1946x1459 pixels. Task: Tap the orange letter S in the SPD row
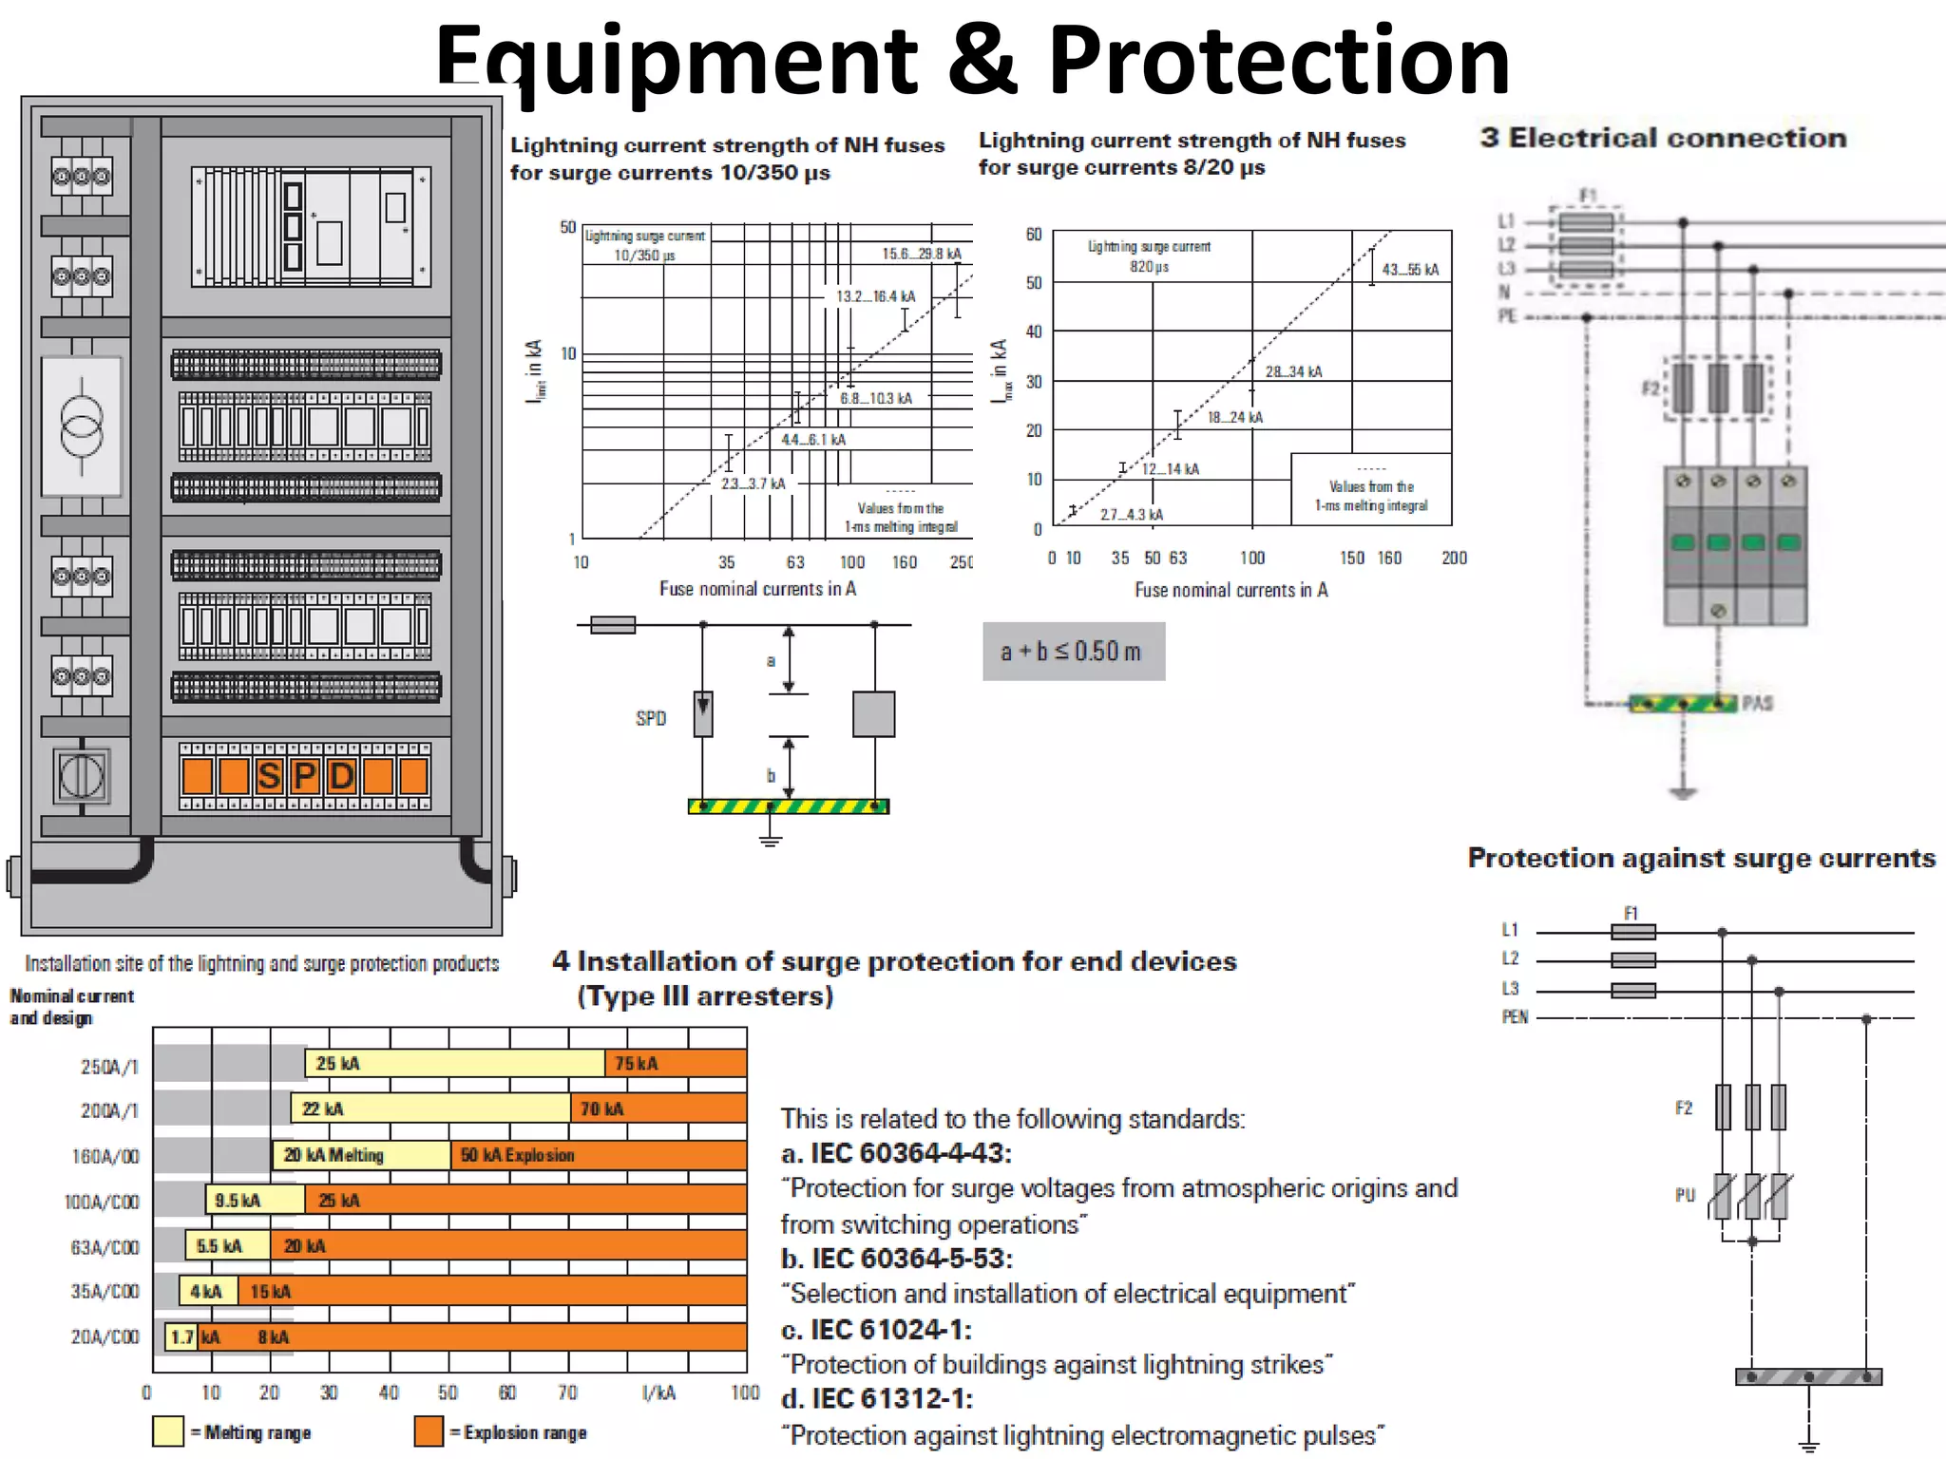point(269,776)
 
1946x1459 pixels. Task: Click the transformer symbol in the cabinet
point(81,426)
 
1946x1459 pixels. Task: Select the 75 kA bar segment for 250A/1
point(675,1064)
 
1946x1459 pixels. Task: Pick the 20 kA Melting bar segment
point(361,1155)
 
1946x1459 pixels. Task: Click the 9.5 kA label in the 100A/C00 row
point(238,1201)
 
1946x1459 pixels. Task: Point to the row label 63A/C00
point(105,1247)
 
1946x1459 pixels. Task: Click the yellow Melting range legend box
point(167,1431)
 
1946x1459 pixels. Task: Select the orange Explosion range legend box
point(429,1431)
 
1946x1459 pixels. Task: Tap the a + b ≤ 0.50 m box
point(1073,652)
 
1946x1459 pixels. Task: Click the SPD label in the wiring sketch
point(651,719)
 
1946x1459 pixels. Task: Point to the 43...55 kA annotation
point(1410,270)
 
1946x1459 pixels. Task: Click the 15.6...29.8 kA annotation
point(921,254)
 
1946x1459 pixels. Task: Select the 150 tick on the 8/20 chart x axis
point(1351,559)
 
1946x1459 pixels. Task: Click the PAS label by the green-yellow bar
point(1757,703)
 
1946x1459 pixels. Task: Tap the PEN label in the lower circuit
point(1515,1017)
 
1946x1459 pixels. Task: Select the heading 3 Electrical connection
point(1663,139)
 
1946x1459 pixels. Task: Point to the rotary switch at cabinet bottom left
point(82,777)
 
